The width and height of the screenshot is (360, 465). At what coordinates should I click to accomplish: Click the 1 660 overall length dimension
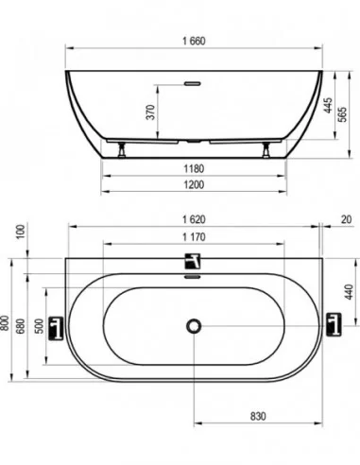click(194, 41)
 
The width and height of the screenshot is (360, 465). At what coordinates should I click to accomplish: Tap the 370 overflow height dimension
click(151, 112)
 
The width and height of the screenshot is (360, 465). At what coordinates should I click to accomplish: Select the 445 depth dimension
click(328, 106)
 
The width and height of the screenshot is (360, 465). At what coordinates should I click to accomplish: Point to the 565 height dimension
click(342, 114)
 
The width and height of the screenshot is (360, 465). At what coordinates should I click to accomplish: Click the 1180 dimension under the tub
click(194, 169)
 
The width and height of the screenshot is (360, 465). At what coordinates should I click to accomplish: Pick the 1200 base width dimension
click(194, 184)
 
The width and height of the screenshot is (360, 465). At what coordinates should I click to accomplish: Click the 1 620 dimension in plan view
click(194, 219)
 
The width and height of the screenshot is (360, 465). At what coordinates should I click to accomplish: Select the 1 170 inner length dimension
click(194, 237)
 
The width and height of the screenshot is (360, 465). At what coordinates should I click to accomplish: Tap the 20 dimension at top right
click(346, 219)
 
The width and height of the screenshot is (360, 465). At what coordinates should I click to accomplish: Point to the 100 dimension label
click(21, 232)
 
